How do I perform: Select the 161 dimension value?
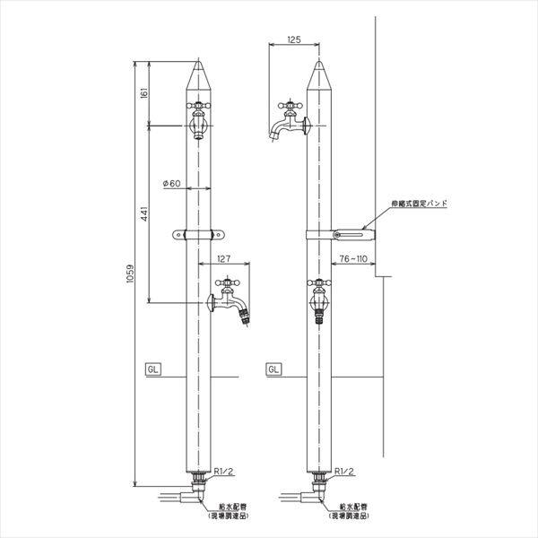coord(144,92)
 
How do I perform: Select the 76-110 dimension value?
coord(350,260)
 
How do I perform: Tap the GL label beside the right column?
coord(273,369)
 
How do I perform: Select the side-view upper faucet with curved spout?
coord(287,121)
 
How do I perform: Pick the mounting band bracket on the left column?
coord(197,236)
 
